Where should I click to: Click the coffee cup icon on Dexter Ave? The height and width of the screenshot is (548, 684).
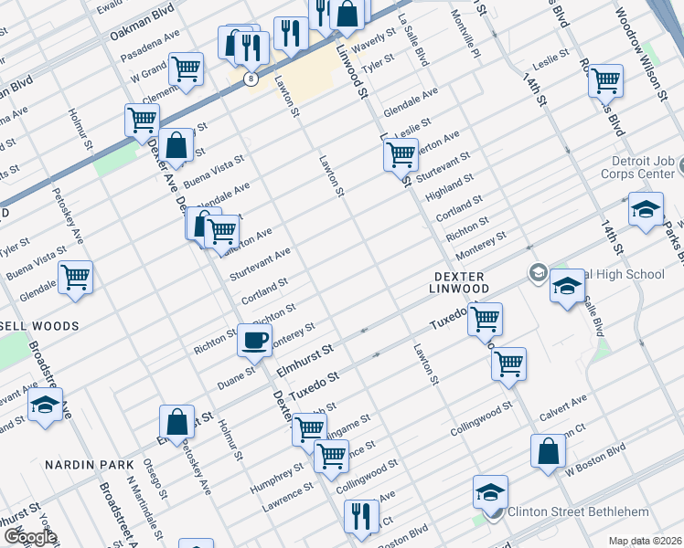254,341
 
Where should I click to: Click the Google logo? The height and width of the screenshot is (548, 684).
29,537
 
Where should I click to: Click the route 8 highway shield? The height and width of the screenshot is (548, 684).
250,79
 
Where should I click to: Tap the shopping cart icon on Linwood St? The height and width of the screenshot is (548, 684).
400,155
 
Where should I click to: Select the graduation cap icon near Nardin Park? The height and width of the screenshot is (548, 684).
44,405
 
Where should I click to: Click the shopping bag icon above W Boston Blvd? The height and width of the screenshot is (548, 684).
548,451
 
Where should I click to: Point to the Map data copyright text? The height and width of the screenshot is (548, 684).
646,541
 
